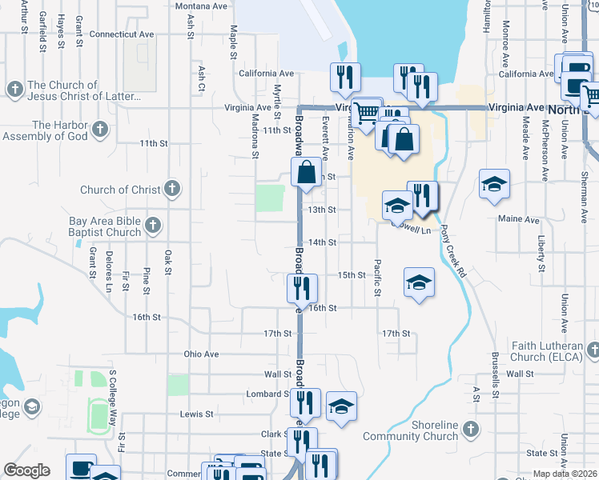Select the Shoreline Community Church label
tap(410, 430)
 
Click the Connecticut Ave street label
tap(122, 34)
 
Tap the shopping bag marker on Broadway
tap(307, 171)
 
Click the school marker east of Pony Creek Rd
tap(494, 182)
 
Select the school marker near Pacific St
tap(417, 282)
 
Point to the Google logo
tap(26, 470)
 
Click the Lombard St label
tap(267, 394)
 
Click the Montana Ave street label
tap(203, 6)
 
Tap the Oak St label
tap(168, 262)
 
